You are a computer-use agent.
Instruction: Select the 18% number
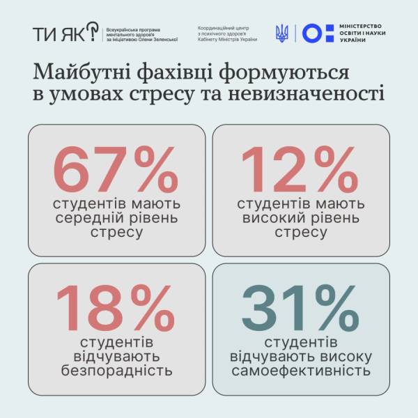coord(116,308)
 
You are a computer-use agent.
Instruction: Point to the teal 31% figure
coord(300,308)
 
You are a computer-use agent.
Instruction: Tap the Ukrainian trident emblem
coord(283,33)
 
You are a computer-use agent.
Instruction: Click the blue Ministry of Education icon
coord(313,33)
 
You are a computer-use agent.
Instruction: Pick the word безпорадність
coord(116,370)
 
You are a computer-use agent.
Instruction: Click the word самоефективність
coord(300,370)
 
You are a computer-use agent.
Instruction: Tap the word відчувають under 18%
coord(116,357)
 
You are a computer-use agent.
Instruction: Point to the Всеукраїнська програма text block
coord(139,33)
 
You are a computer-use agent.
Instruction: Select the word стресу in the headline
coord(178,94)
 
